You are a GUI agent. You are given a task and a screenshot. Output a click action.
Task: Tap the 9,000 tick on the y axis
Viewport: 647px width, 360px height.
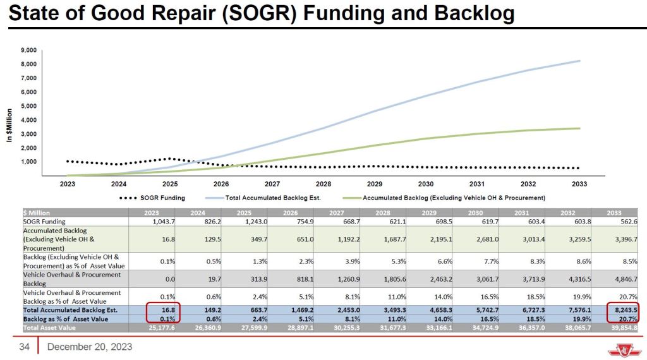(28, 51)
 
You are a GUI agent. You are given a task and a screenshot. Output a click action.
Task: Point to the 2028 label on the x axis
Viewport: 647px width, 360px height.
(323, 184)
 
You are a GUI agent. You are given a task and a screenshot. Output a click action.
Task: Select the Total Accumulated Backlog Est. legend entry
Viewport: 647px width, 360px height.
(273, 198)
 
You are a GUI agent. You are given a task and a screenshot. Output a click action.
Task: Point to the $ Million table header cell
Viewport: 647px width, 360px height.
(36, 213)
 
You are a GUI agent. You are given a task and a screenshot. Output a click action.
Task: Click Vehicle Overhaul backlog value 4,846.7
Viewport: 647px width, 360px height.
(626, 279)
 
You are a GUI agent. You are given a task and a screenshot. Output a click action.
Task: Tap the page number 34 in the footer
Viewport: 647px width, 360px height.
(25, 347)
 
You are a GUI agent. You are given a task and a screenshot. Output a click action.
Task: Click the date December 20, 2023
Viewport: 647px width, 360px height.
(90, 347)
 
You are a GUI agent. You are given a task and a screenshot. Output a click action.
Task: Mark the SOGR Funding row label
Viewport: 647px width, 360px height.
(44, 221)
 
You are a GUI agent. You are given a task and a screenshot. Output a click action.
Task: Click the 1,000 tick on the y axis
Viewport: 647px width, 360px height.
(28, 162)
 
